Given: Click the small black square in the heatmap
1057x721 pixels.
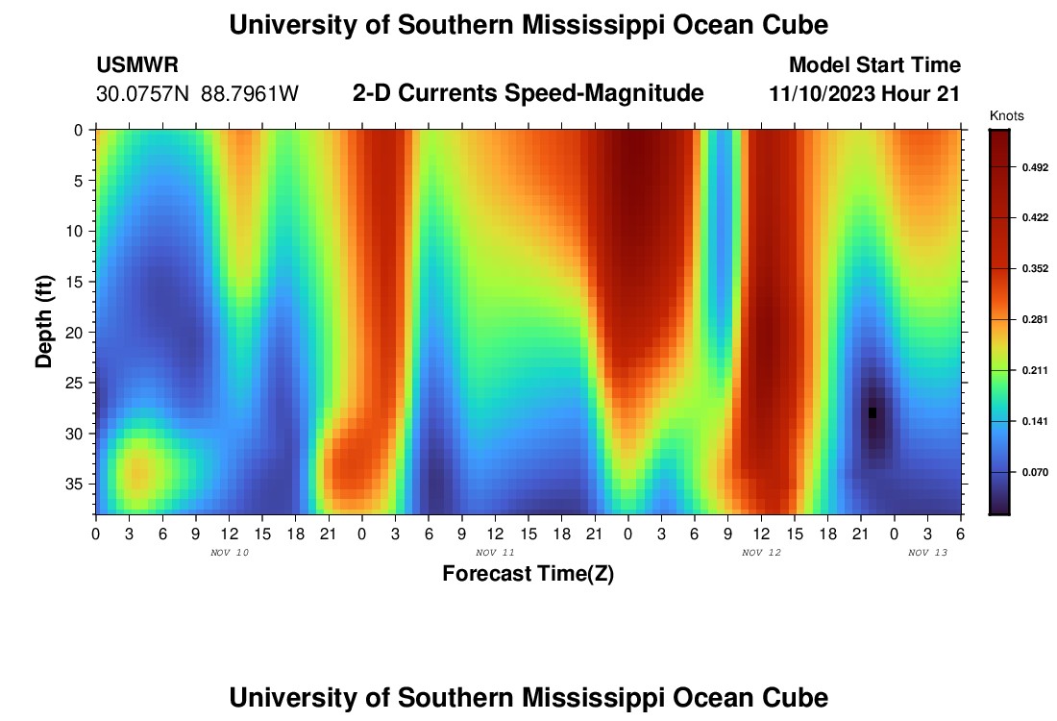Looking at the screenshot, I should pos(873,412).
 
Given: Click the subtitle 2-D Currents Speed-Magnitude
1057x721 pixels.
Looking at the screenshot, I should pos(528,93).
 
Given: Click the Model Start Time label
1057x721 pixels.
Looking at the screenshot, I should pos(874,65).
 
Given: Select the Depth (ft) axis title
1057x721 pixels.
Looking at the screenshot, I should pos(43,321).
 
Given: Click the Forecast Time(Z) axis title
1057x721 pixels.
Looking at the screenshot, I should pos(528,574).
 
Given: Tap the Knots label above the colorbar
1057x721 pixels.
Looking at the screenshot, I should pos(1006,116).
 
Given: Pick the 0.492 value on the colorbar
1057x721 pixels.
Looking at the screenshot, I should pos(1034,167).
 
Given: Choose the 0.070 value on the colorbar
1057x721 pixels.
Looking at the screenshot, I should pos(1034,472).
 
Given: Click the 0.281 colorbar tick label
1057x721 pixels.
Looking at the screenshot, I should pos(1034,319).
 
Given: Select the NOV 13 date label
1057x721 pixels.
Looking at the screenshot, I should pos(928,553).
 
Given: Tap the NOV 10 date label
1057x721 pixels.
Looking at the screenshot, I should pos(229,553).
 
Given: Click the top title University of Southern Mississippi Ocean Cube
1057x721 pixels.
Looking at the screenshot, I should pos(528,24).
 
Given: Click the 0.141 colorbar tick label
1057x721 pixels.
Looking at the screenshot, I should pos(1034,421).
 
